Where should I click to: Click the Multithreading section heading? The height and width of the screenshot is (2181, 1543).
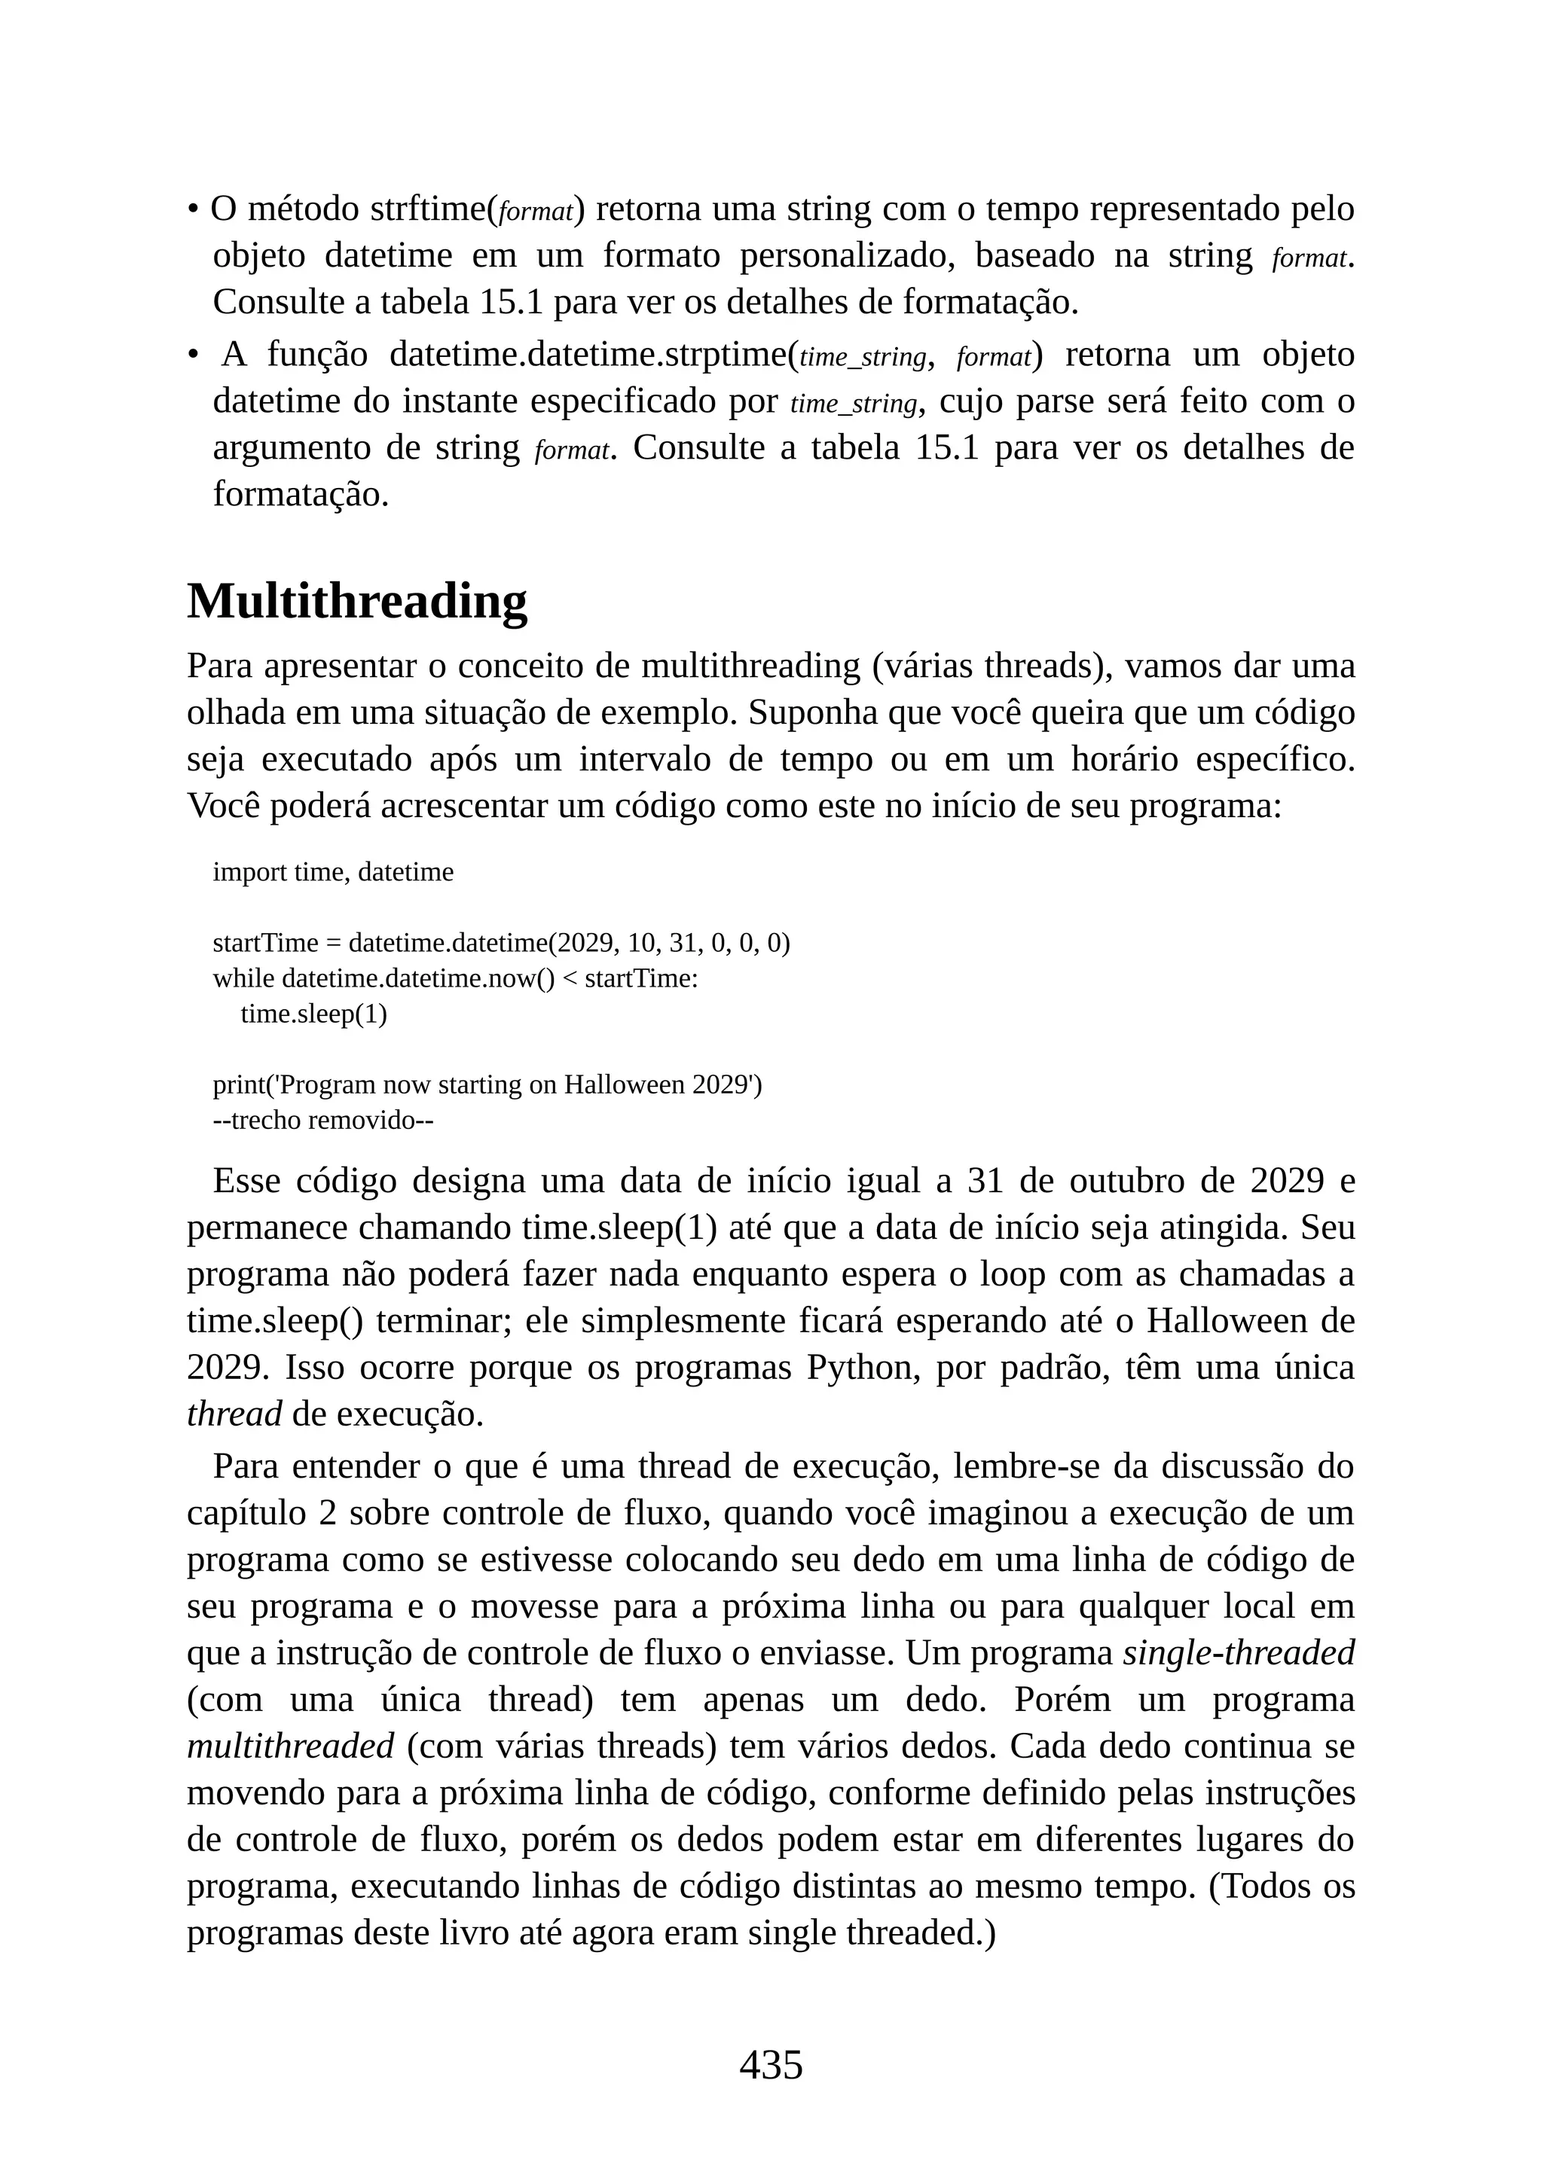pyautogui.click(x=356, y=602)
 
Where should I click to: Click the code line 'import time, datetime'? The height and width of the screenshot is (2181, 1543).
pyautogui.click(x=332, y=872)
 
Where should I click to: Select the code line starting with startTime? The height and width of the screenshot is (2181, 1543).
pyautogui.click(x=501, y=943)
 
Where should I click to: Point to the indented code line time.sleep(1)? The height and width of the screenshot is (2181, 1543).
pyautogui.click(x=313, y=1014)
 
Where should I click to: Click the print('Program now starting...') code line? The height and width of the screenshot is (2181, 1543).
pyautogui.click(x=487, y=1084)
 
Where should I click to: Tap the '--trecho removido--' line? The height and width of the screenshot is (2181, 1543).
pyautogui.click(x=323, y=1120)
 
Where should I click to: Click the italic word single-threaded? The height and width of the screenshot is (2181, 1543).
pyautogui.click(x=1238, y=1653)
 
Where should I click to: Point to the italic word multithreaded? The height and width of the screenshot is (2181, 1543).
pyautogui.click(x=290, y=1746)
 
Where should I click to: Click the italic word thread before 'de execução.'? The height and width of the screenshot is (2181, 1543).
pyautogui.click(x=234, y=1414)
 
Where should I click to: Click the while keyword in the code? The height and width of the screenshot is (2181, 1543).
pyautogui.click(x=243, y=978)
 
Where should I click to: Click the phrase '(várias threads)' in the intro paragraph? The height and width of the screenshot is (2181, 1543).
pyautogui.click(x=992, y=666)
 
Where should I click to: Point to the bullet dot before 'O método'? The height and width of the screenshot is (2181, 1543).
pyautogui.click(x=193, y=208)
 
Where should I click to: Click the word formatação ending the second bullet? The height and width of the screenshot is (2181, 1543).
pyautogui.click(x=301, y=494)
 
